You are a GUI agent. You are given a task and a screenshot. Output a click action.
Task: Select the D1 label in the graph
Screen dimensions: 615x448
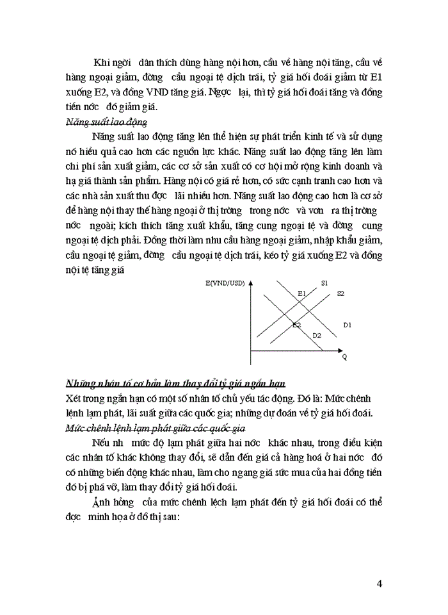[x=348, y=326]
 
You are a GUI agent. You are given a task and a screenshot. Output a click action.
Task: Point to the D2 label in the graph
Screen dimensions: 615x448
[x=316, y=335]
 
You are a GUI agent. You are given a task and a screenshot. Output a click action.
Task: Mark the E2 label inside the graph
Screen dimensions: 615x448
[x=296, y=325]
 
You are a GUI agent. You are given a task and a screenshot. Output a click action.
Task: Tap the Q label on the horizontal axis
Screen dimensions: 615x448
[x=344, y=356]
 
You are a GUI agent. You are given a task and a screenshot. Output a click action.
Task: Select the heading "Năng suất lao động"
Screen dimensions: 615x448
[x=107, y=120]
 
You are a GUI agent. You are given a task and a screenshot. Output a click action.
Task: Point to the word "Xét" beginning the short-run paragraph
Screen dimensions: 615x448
[x=74, y=398]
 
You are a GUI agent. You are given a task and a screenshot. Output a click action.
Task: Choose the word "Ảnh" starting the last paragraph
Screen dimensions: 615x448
[x=104, y=501]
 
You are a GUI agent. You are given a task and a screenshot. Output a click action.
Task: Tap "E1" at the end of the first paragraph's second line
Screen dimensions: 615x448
[x=374, y=76]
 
